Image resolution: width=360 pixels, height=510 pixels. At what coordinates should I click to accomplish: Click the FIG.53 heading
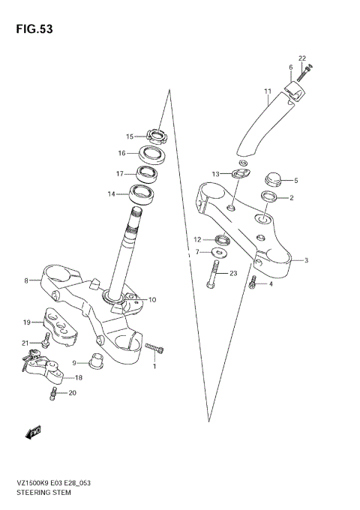31,29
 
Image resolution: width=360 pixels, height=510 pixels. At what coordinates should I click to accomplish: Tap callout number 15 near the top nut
130,136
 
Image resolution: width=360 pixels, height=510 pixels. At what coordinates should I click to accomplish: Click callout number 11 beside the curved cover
266,92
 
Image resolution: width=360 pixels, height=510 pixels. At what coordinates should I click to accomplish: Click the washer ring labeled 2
271,197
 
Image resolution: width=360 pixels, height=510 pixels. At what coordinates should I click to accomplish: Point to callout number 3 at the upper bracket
306,261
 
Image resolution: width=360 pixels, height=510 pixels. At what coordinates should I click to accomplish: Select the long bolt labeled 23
213,274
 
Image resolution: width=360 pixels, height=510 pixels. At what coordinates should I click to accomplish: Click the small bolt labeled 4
253,283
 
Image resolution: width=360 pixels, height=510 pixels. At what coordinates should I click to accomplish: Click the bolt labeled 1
155,349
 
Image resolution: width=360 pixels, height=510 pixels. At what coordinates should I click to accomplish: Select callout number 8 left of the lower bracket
26,280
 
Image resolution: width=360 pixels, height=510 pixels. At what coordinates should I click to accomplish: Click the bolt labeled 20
55,392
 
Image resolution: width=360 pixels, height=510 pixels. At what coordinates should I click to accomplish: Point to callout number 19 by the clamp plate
26,322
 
